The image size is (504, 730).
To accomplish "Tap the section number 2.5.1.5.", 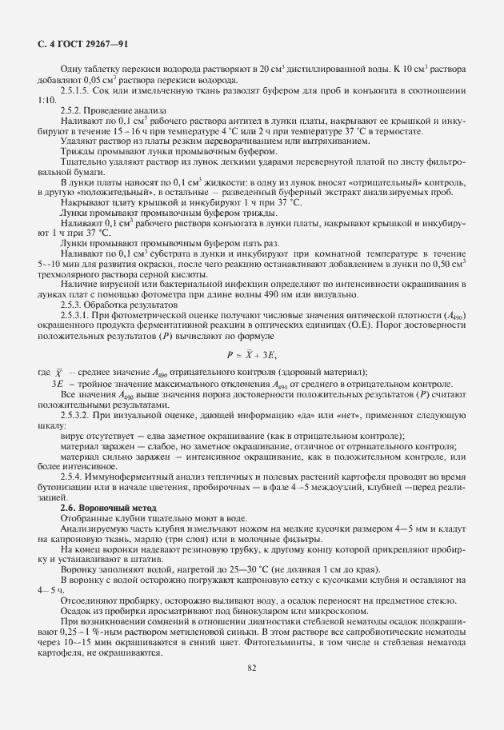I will click(x=77, y=90).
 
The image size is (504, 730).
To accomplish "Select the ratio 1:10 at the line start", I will click(x=46, y=101).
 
